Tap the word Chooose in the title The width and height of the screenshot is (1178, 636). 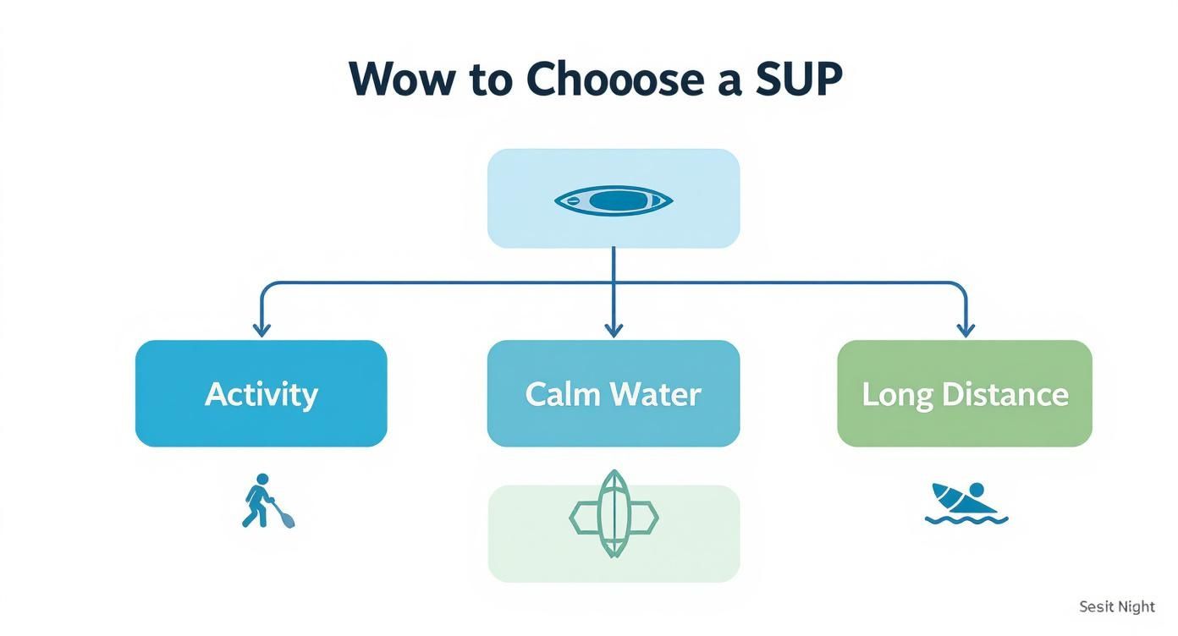[615, 79]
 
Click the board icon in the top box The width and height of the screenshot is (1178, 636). [614, 200]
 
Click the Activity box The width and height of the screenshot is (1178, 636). [261, 393]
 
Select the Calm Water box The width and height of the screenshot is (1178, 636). [614, 393]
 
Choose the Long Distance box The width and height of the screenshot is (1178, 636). [965, 393]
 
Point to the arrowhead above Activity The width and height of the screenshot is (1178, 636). [261, 329]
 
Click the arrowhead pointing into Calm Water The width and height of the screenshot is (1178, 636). [614, 329]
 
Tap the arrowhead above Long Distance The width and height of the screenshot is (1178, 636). [965, 329]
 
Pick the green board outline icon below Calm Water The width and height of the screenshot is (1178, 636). [614, 514]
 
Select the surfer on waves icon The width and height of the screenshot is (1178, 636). [965, 504]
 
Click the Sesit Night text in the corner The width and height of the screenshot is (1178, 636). [1117, 607]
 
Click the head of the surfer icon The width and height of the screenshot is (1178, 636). [976, 491]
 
